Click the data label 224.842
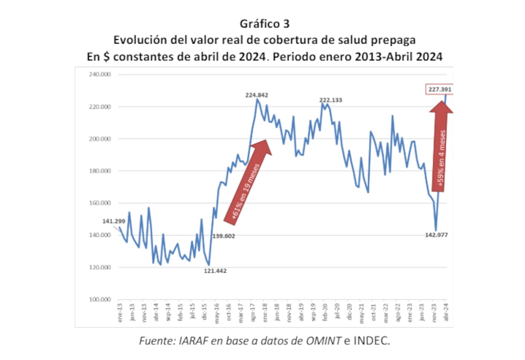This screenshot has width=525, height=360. tap(257, 95)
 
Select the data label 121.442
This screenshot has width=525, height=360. tap(215, 271)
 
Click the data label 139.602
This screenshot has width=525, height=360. tap(224, 236)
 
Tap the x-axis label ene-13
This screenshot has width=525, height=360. tap(120, 313)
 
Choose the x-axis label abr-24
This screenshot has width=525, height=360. tap(447, 313)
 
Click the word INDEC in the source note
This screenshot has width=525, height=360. tap(373, 341)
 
